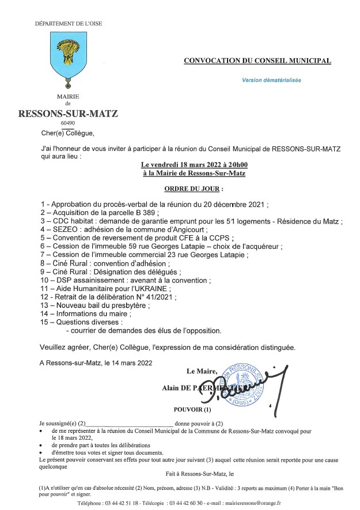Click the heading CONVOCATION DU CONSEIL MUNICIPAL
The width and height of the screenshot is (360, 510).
(x=257, y=61)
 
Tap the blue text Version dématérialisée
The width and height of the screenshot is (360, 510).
(x=271, y=81)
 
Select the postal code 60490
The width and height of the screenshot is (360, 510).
(x=67, y=123)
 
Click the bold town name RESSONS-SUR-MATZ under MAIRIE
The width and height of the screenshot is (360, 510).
(x=69, y=114)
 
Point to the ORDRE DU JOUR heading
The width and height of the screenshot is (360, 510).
(x=194, y=188)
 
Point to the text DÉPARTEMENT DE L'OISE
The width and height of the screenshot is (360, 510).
(x=69, y=24)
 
